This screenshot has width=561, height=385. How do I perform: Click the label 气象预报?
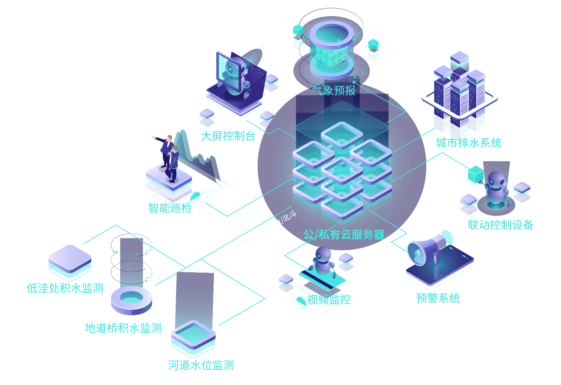pyautogui.click(x=334, y=90)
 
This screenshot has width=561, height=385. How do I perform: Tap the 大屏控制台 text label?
pyautogui.click(x=228, y=136)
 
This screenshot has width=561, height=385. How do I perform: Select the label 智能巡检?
pyautogui.click(x=170, y=208)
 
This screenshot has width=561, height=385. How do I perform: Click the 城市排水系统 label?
pyautogui.click(x=469, y=143)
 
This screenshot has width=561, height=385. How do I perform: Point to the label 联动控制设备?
pyautogui.click(x=500, y=225)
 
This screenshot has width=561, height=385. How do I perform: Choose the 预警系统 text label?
pyautogui.click(x=438, y=298)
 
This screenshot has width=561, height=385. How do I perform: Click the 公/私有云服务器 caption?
pyautogui.click(x=344, y=235)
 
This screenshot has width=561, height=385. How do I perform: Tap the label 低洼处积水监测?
pyautogui.click(x=65, y=288)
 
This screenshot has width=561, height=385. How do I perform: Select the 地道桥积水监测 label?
pyautogui.click(x=123, y=328)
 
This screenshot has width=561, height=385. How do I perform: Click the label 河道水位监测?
pyautogui.click(x=201, y=365)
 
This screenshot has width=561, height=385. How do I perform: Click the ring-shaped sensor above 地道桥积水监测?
pyautogui.click(x=132, y=299)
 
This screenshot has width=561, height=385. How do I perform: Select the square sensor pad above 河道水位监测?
pyautogui.click(x=193, y=335)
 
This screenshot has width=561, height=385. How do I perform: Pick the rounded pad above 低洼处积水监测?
pyautogui.click(x=70, y=260)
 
